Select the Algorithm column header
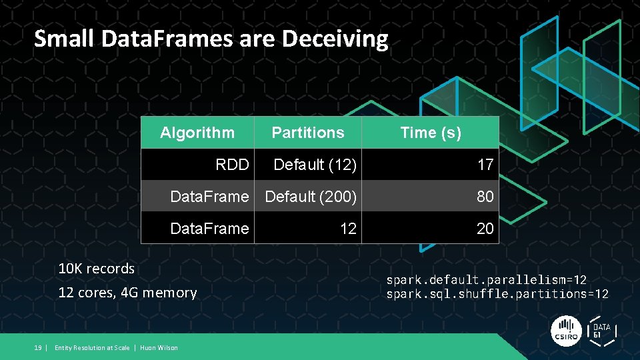pyautogui.click(x=197, y=133)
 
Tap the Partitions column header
pyautogui.click(x=308, y=133)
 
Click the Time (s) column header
pyautogui.click(x=431, y=133)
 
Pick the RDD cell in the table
pyautogui.click(x=232, y=165)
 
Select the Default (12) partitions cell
pyautogui.click(x=315, y=165)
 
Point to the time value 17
pyautogui.click(x=485, y=165)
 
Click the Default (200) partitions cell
pyautogui.click(x=311, y=197)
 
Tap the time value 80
pyautogui.click(x=485, y=197)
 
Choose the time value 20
pyautogui.click(x=485, y=229)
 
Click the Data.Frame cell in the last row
pyautogui.click(x=209, y=229)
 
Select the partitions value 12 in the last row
pyautogui.click(x=348, y=229)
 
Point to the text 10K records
pyautogui.click(x=97, y=269)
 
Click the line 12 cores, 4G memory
pyautogui.click(x=127, y=293)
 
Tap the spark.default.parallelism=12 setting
pyautogui.click(x=487, y=280)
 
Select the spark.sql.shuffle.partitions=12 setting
pyautogui.click(x=497, y=294)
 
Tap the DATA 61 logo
pyautogui.click(x=601, y=331)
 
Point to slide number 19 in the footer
pyautogui.click(x=38, y=348)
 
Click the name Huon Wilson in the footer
pyautogui.click(x=159, y=348)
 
